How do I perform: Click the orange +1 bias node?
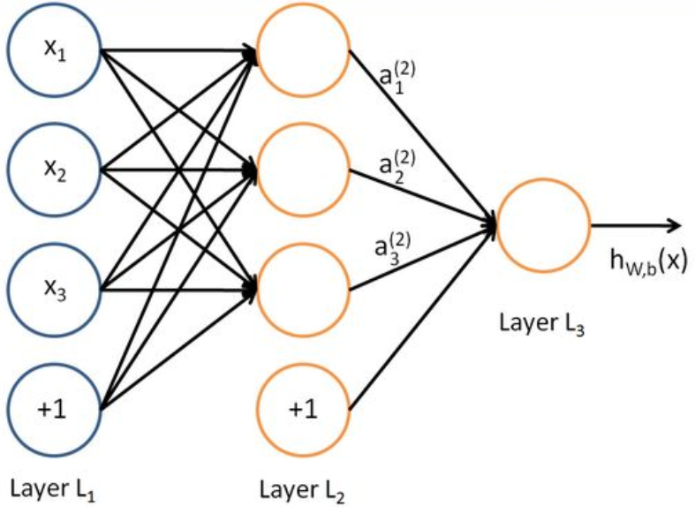click(302, 409)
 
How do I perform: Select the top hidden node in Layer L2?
click(302, 49)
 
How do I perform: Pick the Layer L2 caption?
click(302, 487)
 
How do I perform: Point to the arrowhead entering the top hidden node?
click(252, 52)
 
